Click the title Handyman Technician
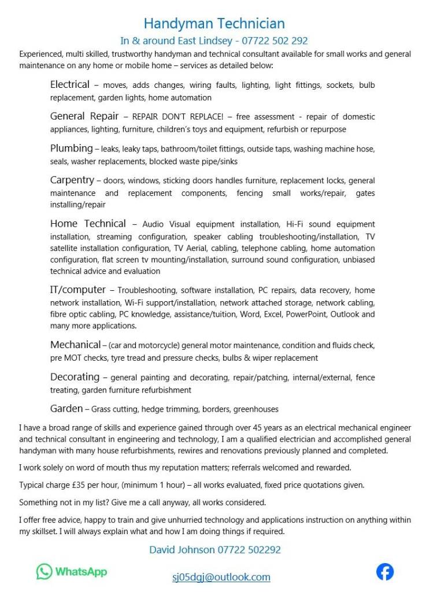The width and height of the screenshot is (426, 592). [214, 24]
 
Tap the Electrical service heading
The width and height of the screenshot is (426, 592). [70, 85]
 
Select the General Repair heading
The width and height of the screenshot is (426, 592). [84, 116]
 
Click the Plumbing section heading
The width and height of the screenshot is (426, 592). [71, 149]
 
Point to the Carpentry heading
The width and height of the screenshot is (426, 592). [72, 180]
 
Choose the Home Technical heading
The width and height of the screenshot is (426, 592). [88, 224]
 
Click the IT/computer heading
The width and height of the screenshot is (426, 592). [78, 290]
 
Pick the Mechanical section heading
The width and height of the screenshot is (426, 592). [75, 345]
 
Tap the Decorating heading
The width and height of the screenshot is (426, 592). [75, 377]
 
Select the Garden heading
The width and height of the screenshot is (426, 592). [66, 409]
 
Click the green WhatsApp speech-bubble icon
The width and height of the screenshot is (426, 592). [45, 572]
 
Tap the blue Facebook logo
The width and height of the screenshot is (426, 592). [385, 572]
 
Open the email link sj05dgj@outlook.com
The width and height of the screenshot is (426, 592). [221, 577]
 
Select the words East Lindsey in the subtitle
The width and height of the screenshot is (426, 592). [199, 41]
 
